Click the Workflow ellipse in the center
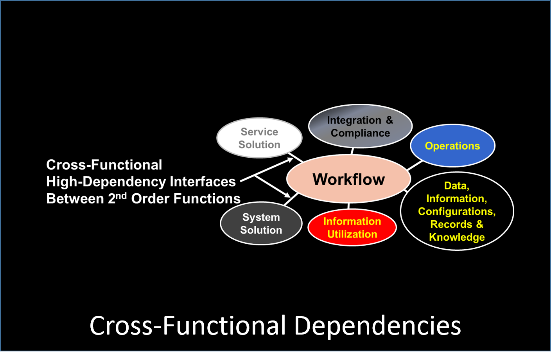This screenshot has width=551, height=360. click(x=348, y=179)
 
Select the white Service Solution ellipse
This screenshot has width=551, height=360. click(x=259, y=138)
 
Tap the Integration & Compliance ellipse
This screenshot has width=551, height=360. click(x=361, y=126)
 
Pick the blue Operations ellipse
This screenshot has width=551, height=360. click(x=452, y=146)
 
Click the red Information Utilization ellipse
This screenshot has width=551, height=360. click(x=352, y=228)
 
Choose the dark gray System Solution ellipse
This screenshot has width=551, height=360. click(x=261, y=223)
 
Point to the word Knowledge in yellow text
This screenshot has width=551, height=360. click(x=457, y=237)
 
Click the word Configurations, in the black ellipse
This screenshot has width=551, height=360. click(x=457, y=212)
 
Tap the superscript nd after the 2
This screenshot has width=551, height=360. click(x=121, y=196)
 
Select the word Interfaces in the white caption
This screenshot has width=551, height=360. click(x=203, y=182)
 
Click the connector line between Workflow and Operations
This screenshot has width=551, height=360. click(x=415, y=166)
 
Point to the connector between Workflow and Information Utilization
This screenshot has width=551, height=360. click(x=348, y=206)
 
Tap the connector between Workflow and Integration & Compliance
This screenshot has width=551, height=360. click(x=352, y=151)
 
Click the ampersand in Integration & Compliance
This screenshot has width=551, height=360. click(x=389, y=120)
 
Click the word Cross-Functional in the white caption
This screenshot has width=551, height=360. click(x=104, y=165)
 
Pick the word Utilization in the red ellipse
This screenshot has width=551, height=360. click(x=352, y=234)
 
